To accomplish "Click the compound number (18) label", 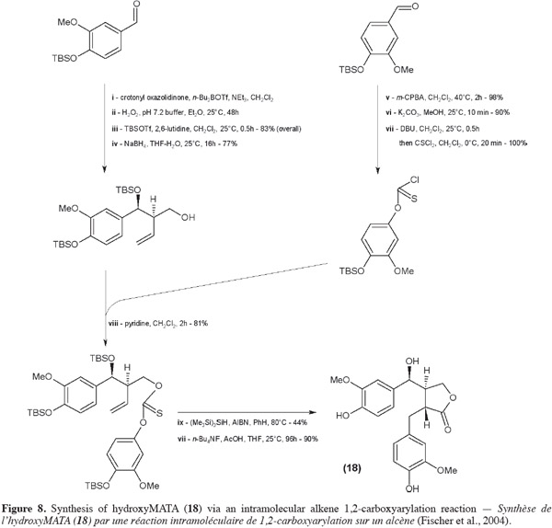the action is click(352, 468).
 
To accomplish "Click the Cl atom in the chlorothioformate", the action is click(415, 180).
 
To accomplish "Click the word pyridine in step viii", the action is click(137, 323).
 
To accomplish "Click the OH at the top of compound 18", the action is click(412, 362).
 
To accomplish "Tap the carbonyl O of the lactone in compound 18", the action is click(447, 430).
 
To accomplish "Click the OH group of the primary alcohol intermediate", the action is click(188, 217).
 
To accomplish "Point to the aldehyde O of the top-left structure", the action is click(136, 4).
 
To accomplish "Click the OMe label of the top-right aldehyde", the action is click(404, 70).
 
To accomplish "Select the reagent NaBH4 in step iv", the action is click(133, 143).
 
